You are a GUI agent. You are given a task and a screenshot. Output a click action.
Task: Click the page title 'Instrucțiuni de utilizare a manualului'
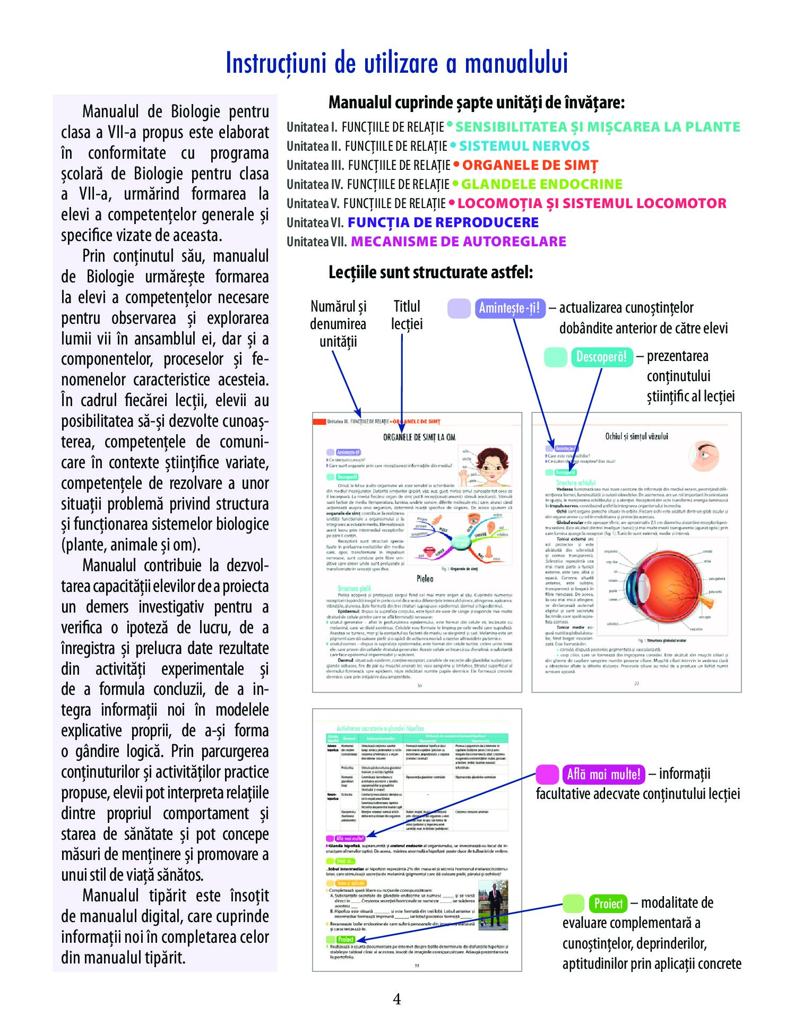[x=396, y=63]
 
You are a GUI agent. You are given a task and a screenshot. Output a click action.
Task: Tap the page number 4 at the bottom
[x=396, y=1000]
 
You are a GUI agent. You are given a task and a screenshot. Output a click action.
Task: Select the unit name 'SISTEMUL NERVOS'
[x=524, y=146]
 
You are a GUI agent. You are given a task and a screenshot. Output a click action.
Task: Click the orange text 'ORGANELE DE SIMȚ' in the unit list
[x=530, y=165]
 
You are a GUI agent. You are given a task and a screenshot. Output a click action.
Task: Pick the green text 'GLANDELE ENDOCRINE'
[x=541, y=184]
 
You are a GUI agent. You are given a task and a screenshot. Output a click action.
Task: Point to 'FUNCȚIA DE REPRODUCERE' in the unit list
[x=443, y=222]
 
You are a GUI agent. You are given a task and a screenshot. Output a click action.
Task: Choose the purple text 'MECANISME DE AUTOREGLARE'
[x=459, y=242]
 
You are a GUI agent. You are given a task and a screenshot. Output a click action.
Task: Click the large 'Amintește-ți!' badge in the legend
[x=509, y=308]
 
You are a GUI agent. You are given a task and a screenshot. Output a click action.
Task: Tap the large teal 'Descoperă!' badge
[x=601, y=357]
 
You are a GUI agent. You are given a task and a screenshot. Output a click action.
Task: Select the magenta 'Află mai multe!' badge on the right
[x=603, y=775]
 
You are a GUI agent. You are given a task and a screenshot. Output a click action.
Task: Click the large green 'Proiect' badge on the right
[x=608, y=903]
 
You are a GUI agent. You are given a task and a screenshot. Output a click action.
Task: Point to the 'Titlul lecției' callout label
[x=407, y=315]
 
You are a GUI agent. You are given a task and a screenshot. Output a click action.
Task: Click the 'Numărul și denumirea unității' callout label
[x=338, y=323]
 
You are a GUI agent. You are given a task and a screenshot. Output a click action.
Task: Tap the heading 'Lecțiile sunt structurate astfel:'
[x=430, y=272]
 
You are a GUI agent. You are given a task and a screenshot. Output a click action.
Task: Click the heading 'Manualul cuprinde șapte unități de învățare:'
[x=476, y=102]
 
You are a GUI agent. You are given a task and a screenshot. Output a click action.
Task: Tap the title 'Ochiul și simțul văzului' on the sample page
[x=636, y=436]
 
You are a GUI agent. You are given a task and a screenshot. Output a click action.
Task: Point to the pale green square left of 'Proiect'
[x=573, y=903]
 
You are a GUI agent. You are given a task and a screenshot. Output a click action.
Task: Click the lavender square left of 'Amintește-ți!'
[x=459, y=308]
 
